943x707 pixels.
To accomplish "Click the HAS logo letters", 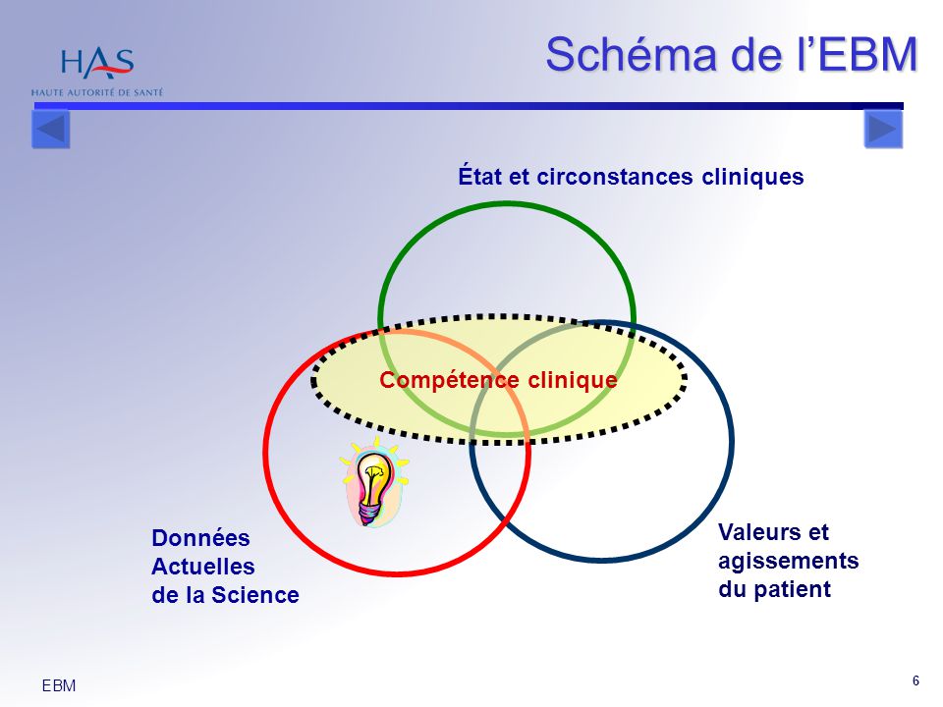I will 96,63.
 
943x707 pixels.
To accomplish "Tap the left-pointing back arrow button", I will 50,130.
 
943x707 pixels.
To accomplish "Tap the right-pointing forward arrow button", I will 882,129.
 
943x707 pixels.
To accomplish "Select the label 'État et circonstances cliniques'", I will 631,177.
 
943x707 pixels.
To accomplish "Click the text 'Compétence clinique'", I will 498,380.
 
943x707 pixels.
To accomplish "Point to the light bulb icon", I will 374,483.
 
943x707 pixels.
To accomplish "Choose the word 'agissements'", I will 788,561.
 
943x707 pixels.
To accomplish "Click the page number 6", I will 915,681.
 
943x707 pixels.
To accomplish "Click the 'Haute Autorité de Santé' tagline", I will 97,92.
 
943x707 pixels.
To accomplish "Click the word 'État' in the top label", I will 480,177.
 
